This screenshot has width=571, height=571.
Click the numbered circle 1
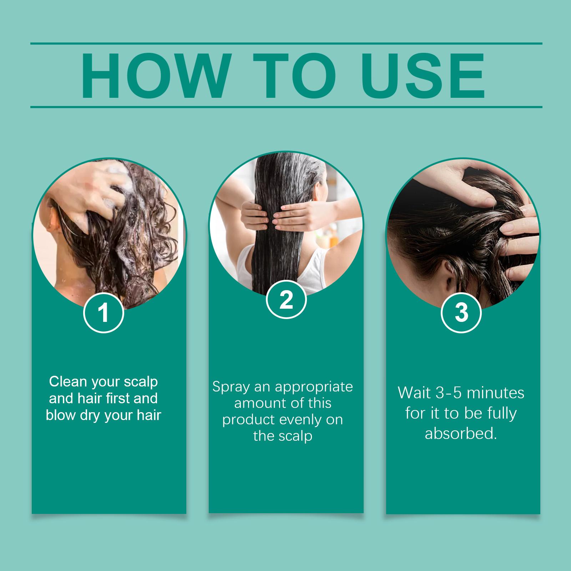tap(103, 313)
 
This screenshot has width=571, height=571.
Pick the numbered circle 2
tap(286, 300)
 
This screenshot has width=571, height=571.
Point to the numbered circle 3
tap(461, 313)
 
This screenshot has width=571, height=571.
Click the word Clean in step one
tap(68, 381)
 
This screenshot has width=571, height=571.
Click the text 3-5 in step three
tap(450, 393)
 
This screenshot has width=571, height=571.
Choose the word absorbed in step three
tap(461, 434)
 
